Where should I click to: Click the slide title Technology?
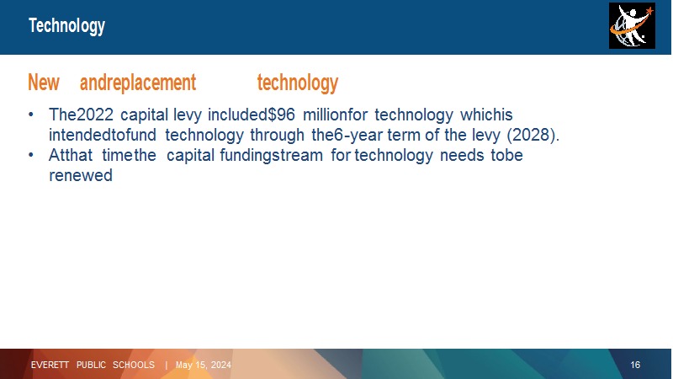pos(66,26)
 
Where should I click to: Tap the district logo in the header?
pos(632,25)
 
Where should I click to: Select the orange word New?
pos(44,83)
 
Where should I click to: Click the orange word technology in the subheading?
pos(298,83)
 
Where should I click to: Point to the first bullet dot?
pos(31,115)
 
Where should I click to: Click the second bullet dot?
pos(31,155)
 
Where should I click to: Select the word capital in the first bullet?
pos(144,115)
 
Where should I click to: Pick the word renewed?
pos(81,175)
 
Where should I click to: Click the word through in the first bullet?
pos(278,136)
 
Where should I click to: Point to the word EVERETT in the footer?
pos(50,365)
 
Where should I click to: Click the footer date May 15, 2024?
pos(204,366)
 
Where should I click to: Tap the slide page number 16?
pos(635,366)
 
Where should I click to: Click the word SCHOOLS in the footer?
pos(134,365)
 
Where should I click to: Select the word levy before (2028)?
pos(486,136)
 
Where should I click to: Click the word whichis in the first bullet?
pos(486,115)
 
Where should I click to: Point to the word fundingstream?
pos(271,156)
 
